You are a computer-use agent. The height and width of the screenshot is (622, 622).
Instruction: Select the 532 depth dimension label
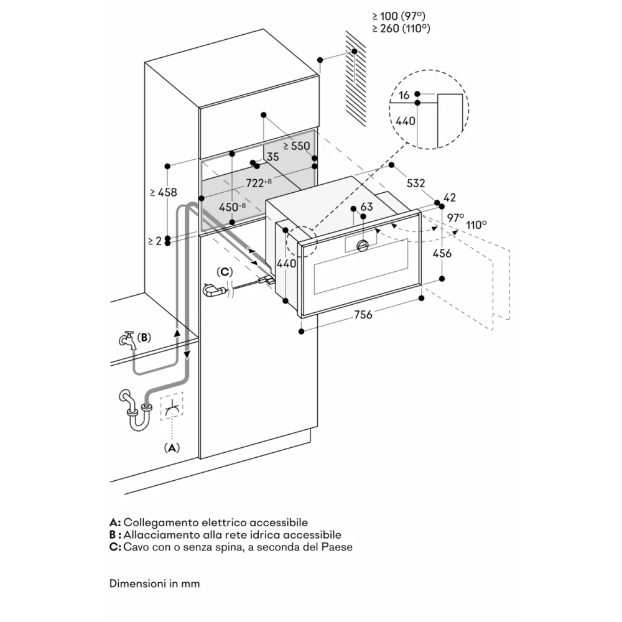(x=415, y=183)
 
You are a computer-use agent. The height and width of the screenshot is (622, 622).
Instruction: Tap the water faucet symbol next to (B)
(x=127, y=341)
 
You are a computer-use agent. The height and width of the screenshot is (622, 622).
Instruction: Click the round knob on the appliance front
(x=362, y=246)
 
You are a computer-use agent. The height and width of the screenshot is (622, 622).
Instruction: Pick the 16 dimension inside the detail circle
(x=405, y=95)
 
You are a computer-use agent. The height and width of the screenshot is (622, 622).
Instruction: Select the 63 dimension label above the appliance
(x=366, y=207)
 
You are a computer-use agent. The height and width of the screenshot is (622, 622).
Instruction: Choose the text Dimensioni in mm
(x=155, y=584)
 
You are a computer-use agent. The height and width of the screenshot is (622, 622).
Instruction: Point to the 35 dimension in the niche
(x=272, y=157)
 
